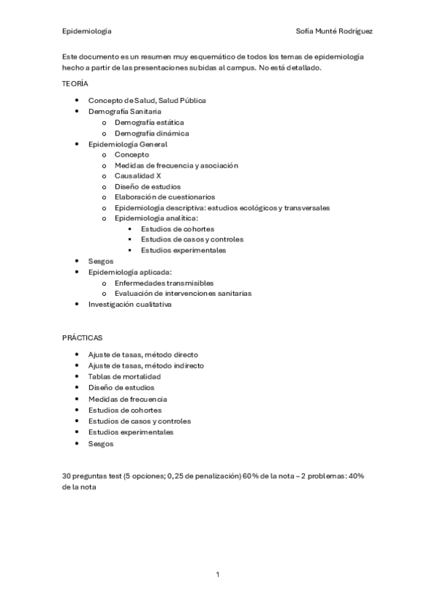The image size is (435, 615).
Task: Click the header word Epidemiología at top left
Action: point(86,31)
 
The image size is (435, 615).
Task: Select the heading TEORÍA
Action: point(75,84)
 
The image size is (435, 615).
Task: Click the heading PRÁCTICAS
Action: point(82,338)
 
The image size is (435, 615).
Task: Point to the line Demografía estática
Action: point(148,123)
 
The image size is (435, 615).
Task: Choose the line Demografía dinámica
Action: point(151,133)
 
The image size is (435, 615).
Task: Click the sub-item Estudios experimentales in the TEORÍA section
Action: point(183,250)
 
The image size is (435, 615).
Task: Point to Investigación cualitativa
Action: point(129,305)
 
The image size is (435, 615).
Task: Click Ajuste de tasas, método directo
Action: point(142,355)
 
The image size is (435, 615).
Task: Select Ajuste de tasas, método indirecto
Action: point(145,366)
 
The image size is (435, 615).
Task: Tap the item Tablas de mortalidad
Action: point(124,376)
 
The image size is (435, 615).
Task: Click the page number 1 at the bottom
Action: point(217,574)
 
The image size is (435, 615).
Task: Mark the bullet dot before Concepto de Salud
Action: point(78,100)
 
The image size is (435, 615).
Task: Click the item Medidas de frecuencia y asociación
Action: point(176,165)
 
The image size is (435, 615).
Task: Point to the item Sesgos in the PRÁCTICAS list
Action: point(101,442)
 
